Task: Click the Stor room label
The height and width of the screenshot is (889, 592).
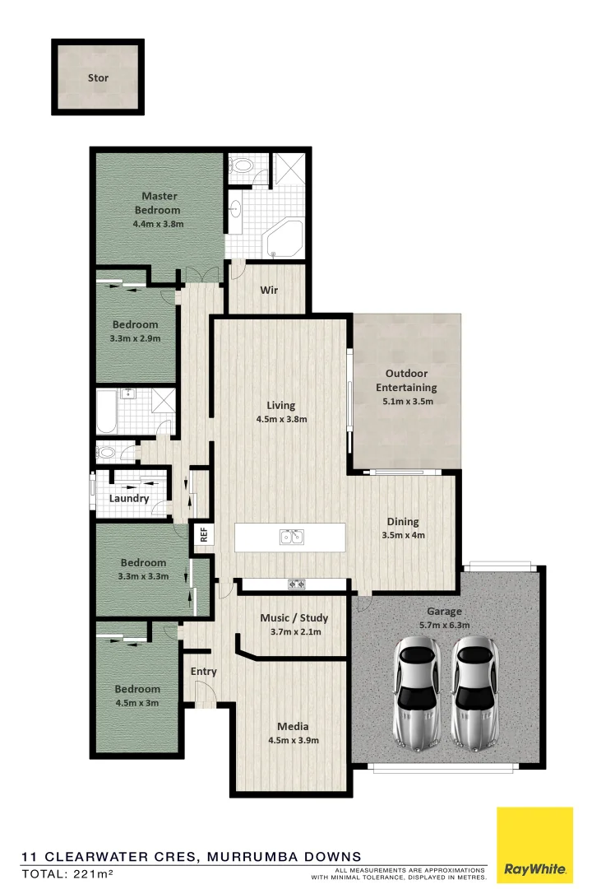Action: point(98,78)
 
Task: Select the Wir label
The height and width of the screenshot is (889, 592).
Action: point(268,290)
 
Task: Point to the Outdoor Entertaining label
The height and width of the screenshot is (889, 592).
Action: point(406,380)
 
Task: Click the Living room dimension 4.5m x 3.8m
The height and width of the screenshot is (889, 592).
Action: point(280,418)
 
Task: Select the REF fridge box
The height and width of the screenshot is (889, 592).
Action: point(202,534)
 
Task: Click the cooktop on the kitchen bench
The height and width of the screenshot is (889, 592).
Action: point(295,584)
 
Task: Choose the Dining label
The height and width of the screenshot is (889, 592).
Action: point(403,521)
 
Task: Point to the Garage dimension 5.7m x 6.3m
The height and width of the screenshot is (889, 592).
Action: point(444,625)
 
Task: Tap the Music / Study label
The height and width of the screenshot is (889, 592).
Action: point(294,617)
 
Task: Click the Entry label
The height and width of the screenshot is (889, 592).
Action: point(204,671)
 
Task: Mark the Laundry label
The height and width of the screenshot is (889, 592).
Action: point(129,498)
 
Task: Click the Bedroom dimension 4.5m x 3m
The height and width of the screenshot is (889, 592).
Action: point(136,703)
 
